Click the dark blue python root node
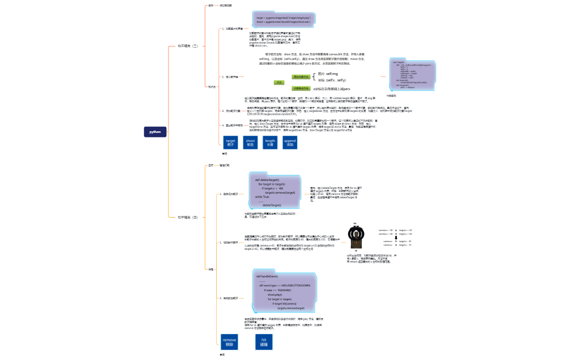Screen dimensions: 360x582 pyautogui.click(x=156, y=132)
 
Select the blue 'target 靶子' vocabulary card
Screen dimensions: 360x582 pyautogui.click(x=231, y=143)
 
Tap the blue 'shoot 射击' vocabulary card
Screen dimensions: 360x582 pyautogui.click(x=251, y=143)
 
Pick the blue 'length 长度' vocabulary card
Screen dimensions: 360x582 pyautogui.click(x=270, y=143)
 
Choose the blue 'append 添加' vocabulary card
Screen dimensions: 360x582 pyautogui.click(x=290, y=143)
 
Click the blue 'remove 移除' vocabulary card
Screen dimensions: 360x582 pyautogui.click(x=229, y=341)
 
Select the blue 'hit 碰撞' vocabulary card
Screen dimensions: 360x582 pyautogui.click(x=264, y=341)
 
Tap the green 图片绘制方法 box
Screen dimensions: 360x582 pyautogui.click(x=301, y=77)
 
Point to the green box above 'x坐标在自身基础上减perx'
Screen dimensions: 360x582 pyautogui.click(x=301, y=88)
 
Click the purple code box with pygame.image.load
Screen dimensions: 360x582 pyautogui.click(x=283, y=20)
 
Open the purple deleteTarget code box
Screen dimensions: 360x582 pyautogui.click(x=275, y=192)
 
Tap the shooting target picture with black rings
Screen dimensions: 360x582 pyautogui.click(x=355, y=237)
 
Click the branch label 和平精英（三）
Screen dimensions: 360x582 pyautogui.click(x=187, y=46)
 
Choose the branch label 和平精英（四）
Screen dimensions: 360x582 pyautogui.click(x=187, y=218)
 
